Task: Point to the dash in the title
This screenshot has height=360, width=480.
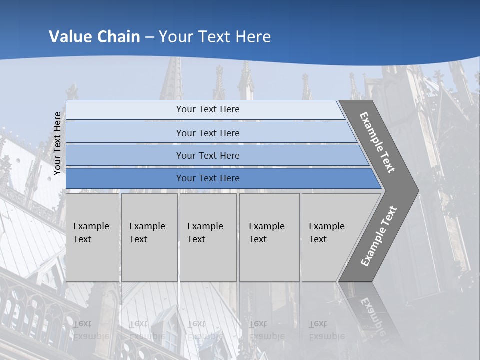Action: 149,37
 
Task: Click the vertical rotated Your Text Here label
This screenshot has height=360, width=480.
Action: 57,143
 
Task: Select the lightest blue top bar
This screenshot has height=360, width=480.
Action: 205,110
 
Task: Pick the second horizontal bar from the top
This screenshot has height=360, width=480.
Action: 210,133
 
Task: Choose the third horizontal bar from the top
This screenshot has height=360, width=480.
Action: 215,155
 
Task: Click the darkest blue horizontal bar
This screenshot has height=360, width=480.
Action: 220,178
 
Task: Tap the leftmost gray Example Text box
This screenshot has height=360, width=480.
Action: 92,237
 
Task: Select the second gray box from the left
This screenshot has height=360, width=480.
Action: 149,237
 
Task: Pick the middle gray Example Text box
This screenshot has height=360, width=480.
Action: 208,237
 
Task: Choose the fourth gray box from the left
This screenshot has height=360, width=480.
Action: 269,237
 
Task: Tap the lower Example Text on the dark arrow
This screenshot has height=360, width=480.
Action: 379,236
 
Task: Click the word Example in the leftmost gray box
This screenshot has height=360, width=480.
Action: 91,226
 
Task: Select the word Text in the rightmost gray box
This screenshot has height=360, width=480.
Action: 318,239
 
